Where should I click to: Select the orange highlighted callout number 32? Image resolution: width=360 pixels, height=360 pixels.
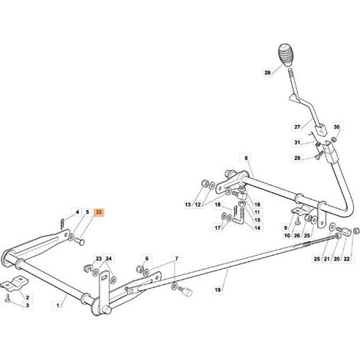pos(99,212)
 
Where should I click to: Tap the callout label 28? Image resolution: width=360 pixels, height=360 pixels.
pos(267,73)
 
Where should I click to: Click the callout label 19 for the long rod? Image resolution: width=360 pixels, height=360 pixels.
pos(218,290)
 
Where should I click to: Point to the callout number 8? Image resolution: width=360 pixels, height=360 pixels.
pos(246,158)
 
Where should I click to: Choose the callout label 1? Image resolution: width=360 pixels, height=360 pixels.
pos(57,305)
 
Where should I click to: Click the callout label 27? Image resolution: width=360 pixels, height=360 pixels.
pos(297,127)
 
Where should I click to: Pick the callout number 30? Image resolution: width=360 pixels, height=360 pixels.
pos(337,127)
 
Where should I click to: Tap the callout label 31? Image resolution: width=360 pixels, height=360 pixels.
pos(297,142)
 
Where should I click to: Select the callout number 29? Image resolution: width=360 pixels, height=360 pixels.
pos(297,159)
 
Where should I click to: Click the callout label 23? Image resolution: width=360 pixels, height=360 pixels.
pos(99,259)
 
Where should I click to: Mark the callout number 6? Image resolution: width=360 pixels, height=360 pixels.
pos(147,259)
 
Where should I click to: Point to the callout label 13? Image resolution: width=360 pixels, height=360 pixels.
pos(188,205)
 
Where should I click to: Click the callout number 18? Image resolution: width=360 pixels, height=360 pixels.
pos(218,205)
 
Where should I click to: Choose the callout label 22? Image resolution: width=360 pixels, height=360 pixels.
pos(346,259)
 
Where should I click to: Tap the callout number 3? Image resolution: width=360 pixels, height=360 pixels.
pos(28,306)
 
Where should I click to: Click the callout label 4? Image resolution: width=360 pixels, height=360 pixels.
pos(77,212)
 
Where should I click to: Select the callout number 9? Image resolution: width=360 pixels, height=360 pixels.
pos(286,227)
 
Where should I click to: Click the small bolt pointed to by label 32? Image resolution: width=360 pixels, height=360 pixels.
pos(80,241)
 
